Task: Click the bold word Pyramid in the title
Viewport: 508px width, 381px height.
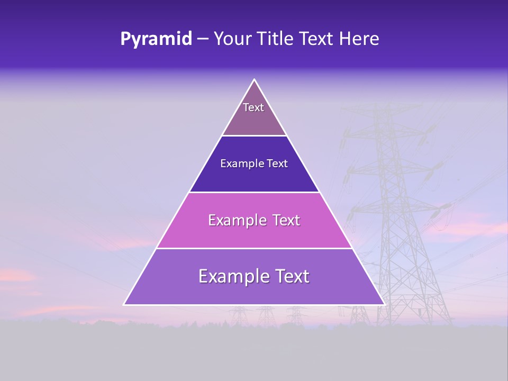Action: tap(156, 39)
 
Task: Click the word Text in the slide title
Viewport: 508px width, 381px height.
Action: tap(316, 39)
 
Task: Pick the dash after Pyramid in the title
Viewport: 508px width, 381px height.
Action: tap(203, 39)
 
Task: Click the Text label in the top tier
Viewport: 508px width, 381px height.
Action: tap(253, 107)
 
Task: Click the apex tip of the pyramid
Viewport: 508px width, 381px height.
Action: tap(254, 80)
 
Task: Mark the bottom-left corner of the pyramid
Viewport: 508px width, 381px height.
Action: tap(124, 304)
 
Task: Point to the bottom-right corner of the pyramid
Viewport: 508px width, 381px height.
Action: tap(384, 304)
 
